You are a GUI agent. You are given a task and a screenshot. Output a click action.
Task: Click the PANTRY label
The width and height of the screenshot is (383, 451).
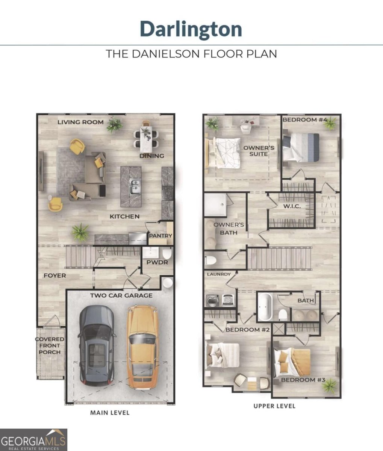[160, 236]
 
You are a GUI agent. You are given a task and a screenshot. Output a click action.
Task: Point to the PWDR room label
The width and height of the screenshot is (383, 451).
[157, 262]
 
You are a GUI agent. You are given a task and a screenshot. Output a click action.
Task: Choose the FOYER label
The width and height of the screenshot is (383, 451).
[55, 275]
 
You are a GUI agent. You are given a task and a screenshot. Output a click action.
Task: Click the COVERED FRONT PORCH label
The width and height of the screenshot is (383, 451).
[50, 346]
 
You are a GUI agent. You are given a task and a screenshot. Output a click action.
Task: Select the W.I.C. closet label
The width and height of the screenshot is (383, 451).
[292, 206]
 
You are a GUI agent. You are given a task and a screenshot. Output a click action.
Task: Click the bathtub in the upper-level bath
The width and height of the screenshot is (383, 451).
[265, 306]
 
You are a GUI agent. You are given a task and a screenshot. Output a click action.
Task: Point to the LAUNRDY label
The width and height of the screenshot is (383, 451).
[219, 274]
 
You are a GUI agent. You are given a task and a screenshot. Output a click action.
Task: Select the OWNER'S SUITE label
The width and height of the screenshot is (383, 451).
[259, 151]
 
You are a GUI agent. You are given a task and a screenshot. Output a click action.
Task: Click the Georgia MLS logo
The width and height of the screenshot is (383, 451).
[33, 440]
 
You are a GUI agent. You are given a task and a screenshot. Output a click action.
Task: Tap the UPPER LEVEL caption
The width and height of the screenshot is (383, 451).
[274, 406]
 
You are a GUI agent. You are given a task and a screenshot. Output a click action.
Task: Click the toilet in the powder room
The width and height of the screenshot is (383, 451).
[167, 253]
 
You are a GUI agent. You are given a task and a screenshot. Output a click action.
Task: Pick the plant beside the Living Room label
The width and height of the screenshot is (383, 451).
[114, 124]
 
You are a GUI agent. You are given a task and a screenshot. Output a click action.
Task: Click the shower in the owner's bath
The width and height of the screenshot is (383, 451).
[216, 205]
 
